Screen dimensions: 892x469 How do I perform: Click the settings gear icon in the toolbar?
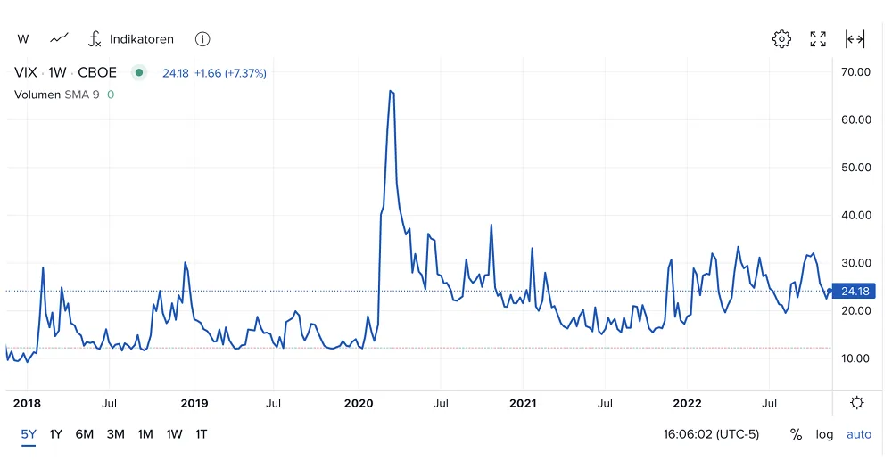click(x=781, y=38)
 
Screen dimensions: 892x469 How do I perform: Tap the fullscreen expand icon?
click(x=818, y=38)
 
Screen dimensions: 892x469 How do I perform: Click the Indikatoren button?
click(x=131, y=38)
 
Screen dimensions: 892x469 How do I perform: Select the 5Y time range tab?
click(x=29, y=434)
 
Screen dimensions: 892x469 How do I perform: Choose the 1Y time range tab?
click(x=55, y=434)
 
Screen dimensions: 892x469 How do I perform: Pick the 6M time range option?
click(x=84, y=434)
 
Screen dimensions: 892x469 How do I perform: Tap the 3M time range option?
click(x=115, y=434)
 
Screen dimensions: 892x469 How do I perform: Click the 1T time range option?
click(x=202, y=434)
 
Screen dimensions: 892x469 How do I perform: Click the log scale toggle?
click(x=824, y=435)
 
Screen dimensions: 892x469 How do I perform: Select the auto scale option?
click(x=859, y=435)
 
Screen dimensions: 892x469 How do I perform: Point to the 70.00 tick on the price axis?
click(x=856, y=71)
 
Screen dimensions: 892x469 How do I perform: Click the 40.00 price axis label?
click(x=856, y=215)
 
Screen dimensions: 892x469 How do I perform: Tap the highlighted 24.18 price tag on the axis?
click(x=855, y=291)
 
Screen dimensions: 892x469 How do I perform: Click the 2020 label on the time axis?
click(x=359, y=404)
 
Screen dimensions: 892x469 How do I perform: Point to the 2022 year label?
click(x=687, y=404)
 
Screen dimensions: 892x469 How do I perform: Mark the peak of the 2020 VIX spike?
click(x=391, y=91)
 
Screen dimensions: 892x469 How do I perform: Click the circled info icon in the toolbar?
click(x=202, y=38)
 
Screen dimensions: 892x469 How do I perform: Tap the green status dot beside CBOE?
click(x=139, y=72)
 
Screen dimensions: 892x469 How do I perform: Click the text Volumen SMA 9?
click(x=57, y=95)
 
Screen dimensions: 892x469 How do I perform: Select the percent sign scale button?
click(x=796, y=435)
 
